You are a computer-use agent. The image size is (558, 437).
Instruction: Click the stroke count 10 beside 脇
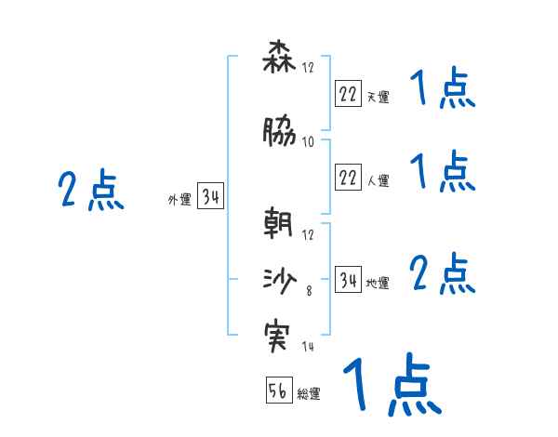(308, 142)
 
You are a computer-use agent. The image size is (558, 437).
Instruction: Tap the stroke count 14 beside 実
(308, 347)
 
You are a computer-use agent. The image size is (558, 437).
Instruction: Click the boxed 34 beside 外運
(210, 197)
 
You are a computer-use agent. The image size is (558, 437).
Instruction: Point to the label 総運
(309, 394)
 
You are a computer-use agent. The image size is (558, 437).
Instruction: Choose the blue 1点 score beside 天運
(443, 92)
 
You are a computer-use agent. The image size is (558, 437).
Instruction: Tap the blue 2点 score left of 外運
(91, 192)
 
